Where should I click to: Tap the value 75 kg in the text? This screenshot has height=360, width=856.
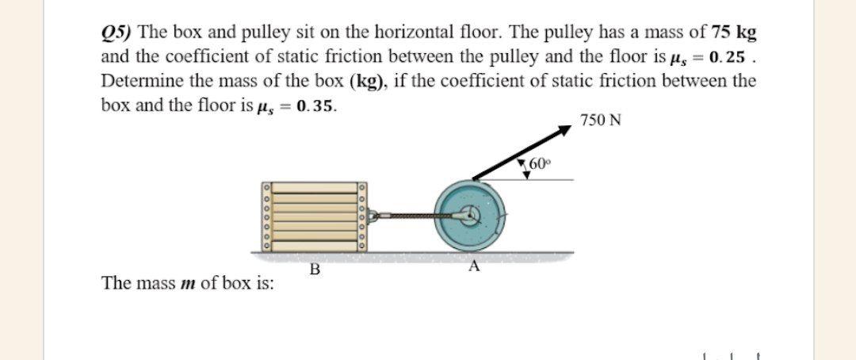point(736,34)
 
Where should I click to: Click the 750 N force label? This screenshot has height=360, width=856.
point(601,121)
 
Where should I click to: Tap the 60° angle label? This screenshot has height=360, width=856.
point(538,165)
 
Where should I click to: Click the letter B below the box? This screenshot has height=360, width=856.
point(315,269)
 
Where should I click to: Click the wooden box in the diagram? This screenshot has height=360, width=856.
point(314,216)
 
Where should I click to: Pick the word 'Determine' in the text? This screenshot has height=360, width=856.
point(139,81)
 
